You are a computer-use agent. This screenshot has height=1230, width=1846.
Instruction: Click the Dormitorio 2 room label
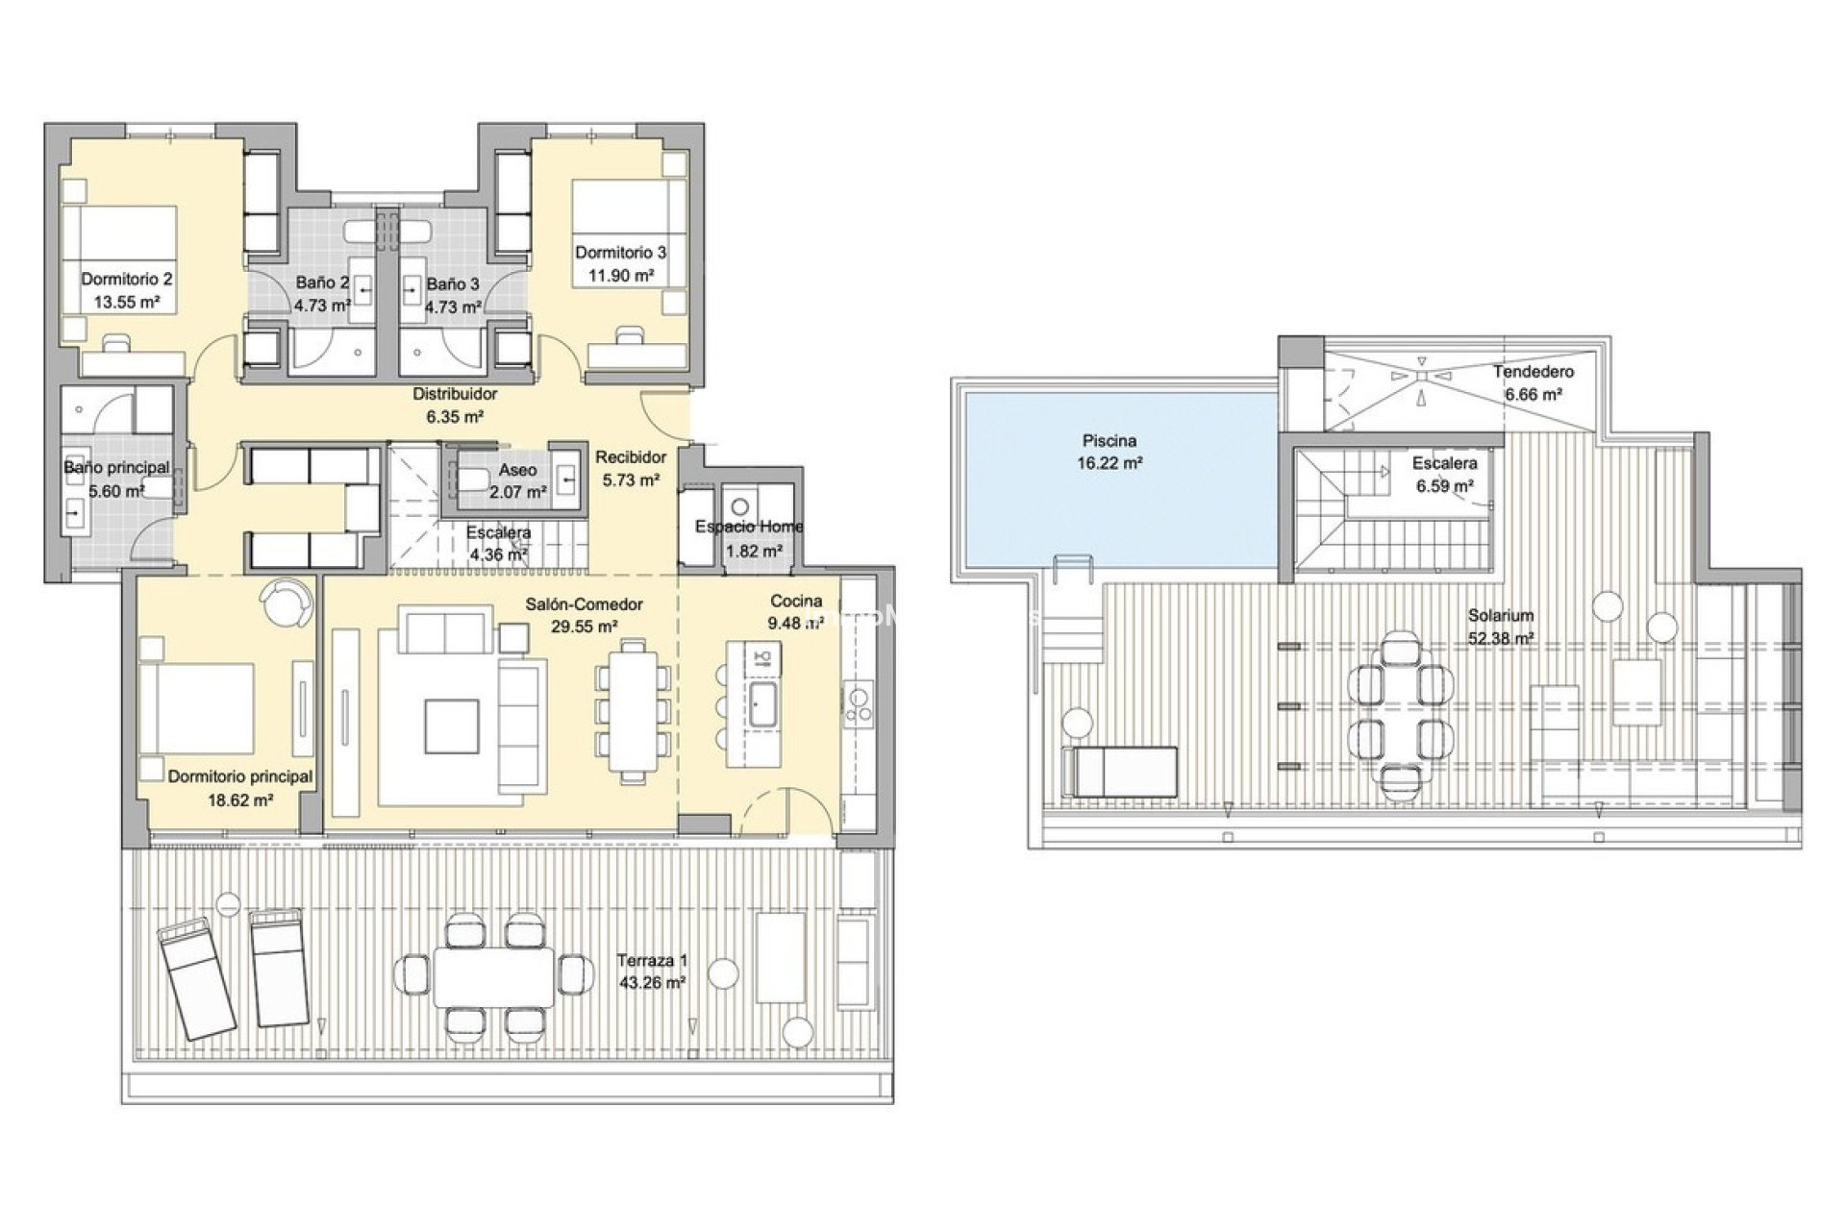tap(127, 280)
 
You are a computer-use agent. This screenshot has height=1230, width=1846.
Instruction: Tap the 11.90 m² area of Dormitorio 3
tap(621, 276)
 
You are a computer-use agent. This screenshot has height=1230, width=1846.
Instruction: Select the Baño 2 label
tap(321, 283)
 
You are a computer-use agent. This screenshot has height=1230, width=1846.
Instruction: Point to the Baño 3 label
tap(452, 284)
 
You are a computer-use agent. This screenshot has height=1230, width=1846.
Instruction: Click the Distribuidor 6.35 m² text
tap(455, 405)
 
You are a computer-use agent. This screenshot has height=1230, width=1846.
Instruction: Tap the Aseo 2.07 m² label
tap(517, 480)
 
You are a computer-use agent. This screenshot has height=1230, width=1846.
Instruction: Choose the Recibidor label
tap(631, 457)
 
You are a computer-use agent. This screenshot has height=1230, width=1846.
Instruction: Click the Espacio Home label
tap(749, 527)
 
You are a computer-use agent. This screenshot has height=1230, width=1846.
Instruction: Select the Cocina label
tap(796, 602)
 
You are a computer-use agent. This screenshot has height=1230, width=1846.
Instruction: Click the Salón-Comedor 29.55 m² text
tap(584, 615)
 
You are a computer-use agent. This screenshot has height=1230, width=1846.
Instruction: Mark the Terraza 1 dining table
tap(494, 976)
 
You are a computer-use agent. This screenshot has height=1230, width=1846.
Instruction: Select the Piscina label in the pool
tap(1110, 441)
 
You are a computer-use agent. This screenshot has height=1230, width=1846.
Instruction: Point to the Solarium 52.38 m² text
tap(1500, 626)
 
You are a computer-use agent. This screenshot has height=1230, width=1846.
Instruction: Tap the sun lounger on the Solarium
tap(1119, 772)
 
